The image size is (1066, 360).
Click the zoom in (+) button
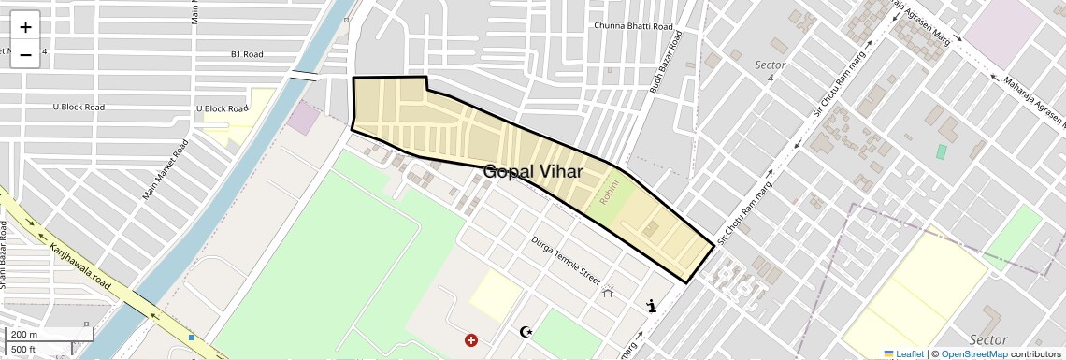[x=25, y=27]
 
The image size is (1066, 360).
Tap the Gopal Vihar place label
[x=533, y=172]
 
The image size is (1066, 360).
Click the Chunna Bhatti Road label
[x=634, y=25]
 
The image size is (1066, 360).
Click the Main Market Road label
[x=166, y=170]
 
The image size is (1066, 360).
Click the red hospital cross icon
[x=470, y=341]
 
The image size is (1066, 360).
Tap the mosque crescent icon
[x=526, y=332]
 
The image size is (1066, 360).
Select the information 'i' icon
[x=652, y=305]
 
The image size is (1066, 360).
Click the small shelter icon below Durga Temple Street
[x=609, y=292]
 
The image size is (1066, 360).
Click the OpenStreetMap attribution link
[x=973, y=353]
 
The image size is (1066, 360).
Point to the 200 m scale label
[x=25, y=334]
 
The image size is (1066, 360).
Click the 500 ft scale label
[x=24, y=350]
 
